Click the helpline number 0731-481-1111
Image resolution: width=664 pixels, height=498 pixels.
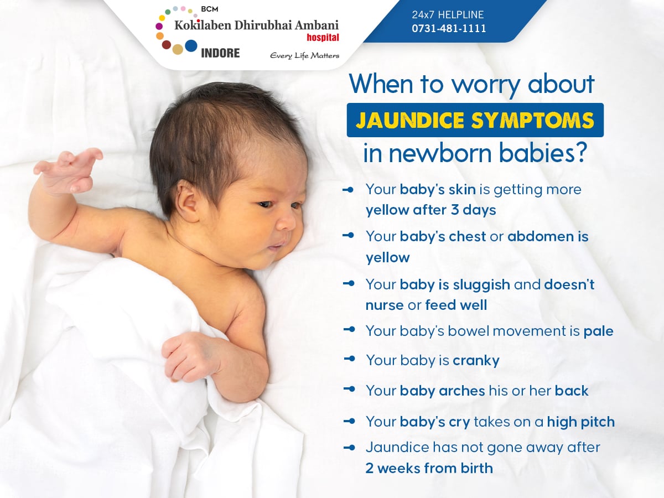pyautogui.click(x=449, y=28)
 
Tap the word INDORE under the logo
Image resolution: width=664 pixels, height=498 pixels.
pyautogui.click(x=220, y=53)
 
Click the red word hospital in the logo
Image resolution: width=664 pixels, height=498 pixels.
pyautogui.click(x=323, y=38)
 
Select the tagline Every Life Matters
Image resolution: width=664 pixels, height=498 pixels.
pyautogui.click(x=305, y=56)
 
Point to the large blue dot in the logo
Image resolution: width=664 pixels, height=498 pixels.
pyautogui.click(x=191, y=46)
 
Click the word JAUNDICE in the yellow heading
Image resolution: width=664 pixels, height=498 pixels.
pyautogui.click(x=410, y=120)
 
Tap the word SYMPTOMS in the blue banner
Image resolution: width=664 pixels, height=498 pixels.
pyautogui.click(x=533, y=120)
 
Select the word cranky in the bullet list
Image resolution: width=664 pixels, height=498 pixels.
pyautogui.click(x=476, y=360)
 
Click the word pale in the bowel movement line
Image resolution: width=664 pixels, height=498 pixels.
pyautogui.click(x=598, y=331)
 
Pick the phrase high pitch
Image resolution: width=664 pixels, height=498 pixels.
pyautogui.click(x=581, y=422)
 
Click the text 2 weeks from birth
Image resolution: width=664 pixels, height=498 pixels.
pyautogui.click(x=429, y=468)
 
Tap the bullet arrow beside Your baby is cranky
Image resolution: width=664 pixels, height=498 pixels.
pyautogui.click(x=349, y=359)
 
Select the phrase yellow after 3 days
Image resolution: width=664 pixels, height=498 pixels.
pyautogui.click(x=430, y=210)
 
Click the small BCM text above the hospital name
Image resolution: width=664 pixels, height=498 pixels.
pyautogui.click(x=209, y=9)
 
